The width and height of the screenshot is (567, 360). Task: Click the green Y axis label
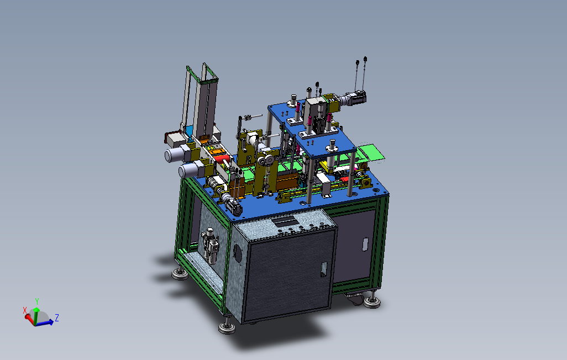37,301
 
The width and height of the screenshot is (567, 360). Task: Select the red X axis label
25,310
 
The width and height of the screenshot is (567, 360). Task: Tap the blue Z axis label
57,318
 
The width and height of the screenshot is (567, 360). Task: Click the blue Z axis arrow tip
53,322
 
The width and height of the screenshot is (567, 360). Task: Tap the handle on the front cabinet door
324,269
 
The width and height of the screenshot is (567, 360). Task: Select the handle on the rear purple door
365,244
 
